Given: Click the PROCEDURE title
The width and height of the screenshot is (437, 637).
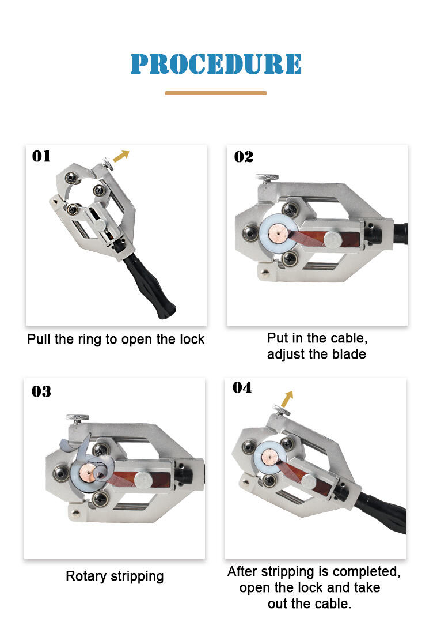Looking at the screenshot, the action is [x=216, y=64].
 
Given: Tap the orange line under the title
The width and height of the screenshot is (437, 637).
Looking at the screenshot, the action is [x=216, y=93].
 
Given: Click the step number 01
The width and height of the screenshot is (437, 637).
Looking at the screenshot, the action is [x=41, y=156].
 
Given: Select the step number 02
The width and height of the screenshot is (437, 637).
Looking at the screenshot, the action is [x=244, y=157].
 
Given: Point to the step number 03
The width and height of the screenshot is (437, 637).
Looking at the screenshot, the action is [x=41, y=391].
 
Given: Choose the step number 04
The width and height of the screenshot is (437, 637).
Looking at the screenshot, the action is [x=242, y=387].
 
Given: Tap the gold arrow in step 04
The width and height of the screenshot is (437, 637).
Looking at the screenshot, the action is [x=287, y=399].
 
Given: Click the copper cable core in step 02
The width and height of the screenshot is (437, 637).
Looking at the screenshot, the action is [x=277, y=233].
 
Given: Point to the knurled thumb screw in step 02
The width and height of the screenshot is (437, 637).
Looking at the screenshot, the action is [x=267, y=178].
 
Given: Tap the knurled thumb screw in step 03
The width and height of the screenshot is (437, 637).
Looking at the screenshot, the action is [x=78, y=419].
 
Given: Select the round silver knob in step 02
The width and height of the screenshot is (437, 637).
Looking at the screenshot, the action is [x=333, y=240].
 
